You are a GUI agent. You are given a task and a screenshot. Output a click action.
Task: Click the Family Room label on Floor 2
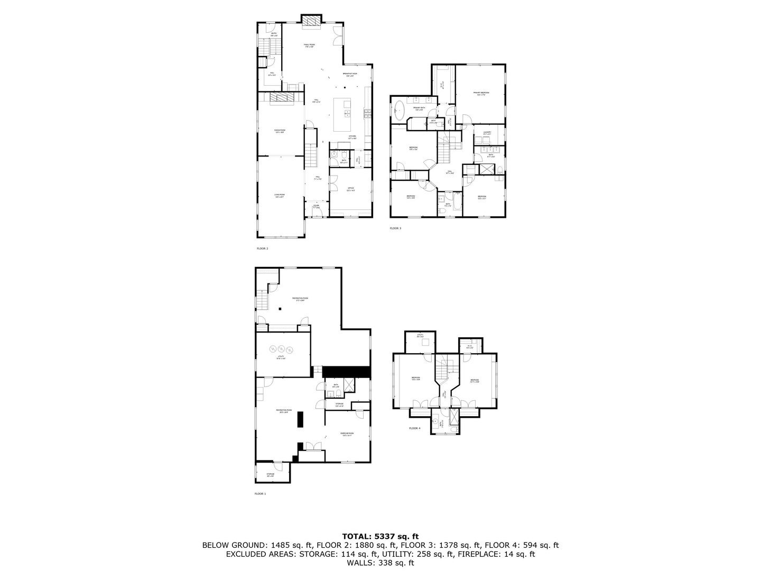(x=309, y=45)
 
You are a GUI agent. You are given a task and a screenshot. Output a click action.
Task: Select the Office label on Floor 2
(x=350, y=189)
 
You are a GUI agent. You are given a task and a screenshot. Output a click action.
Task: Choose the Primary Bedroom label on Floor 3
(x=481, y=94)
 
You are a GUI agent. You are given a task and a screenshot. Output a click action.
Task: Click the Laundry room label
(x=487, y=133)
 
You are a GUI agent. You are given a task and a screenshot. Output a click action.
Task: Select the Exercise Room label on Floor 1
(x=347, y=435)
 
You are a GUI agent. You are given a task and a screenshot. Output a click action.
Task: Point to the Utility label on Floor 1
(x=281, y=358)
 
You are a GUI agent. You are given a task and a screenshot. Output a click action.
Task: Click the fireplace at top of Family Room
(x=311, y=20)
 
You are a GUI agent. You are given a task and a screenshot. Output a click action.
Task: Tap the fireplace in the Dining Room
(x=281, y=98)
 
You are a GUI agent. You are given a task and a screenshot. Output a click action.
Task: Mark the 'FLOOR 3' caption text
(x=395, y=228)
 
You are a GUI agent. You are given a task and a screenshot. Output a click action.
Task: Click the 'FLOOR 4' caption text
(x=415, y=428)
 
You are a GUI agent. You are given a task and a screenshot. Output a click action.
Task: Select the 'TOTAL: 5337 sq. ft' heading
(x=380, y=537)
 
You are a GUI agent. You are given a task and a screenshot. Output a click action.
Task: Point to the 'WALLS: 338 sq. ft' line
(x=380, y=563)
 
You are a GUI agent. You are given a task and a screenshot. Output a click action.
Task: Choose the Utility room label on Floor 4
(x=420, y=336)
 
